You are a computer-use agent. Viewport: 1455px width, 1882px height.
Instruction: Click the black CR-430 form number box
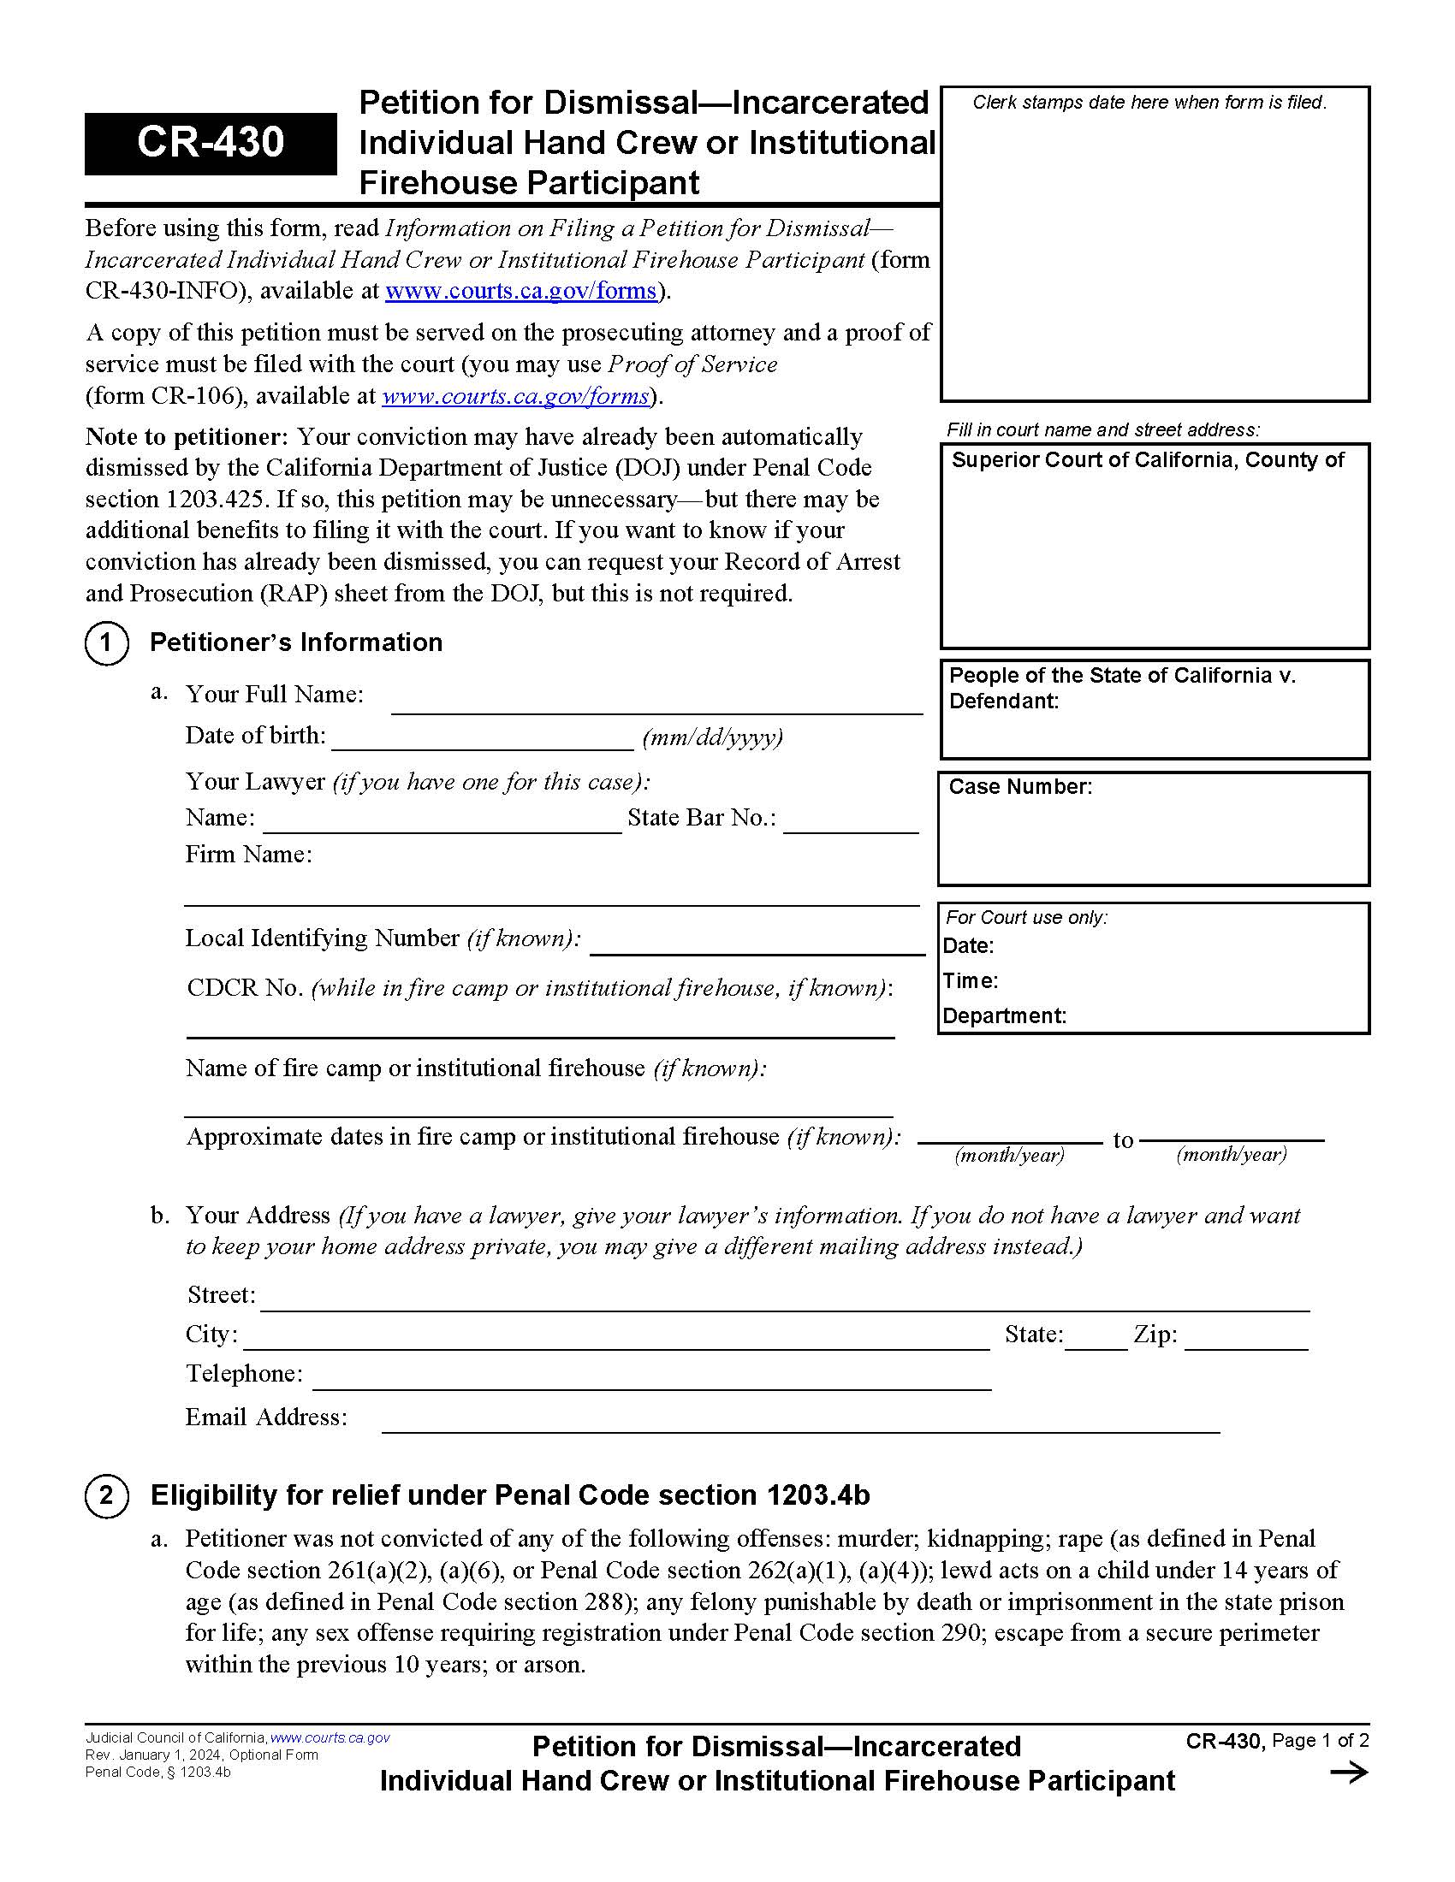click(210, 143)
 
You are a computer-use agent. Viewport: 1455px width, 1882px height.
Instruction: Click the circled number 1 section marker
click(107, 642)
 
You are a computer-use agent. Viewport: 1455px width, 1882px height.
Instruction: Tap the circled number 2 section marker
click(107, 1495)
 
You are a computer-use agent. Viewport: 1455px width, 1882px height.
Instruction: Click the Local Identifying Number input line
click(757, 943)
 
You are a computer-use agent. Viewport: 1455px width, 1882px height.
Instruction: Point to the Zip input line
click(1245, 1338)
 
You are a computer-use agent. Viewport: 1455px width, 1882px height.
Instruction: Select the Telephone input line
click(650, 1377)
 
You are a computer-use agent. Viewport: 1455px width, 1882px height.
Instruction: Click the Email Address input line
click(800, 1421)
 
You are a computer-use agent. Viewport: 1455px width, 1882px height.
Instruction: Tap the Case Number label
click(1019, 787)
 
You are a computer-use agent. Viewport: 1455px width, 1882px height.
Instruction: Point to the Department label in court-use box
click(1004, 1016)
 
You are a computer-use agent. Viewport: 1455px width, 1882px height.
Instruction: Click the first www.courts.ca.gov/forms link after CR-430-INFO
click(520, 291)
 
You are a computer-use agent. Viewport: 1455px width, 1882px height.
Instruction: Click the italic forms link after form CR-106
click(515, 396)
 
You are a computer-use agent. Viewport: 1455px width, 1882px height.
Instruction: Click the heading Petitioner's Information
click(295, 642)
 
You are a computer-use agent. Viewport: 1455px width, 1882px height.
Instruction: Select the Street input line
click(784, 1299)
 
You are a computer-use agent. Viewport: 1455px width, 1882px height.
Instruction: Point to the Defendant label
click(1003, 701)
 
